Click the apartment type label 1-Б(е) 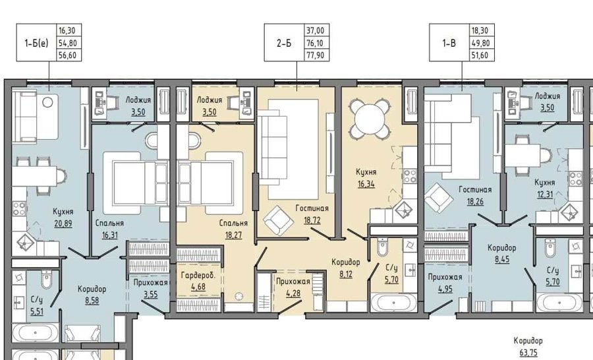click(x=36, y=43)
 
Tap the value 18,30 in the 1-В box click(x=480, y=31)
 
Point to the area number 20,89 click(x=63, y=224)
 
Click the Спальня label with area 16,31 click(x=109, y=224)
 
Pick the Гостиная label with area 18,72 click(x=312, y=208)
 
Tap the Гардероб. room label click(x=198, y=275)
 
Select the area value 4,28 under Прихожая click(x=293, y=293)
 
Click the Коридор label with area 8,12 click(x=346, y=262)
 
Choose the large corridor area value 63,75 click(x=528, y=353)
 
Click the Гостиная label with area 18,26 click(x=475, y=190)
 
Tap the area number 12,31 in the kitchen click(x=545, y=195)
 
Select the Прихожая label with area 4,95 click(x=445, y=277)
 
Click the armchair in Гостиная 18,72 click(x=279, y=221)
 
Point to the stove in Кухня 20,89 click(x=19, y=209)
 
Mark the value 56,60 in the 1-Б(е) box click(x=68, y=55)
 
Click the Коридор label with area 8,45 click(x=502, y=248)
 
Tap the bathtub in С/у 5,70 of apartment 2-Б click(x=394, y=303)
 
